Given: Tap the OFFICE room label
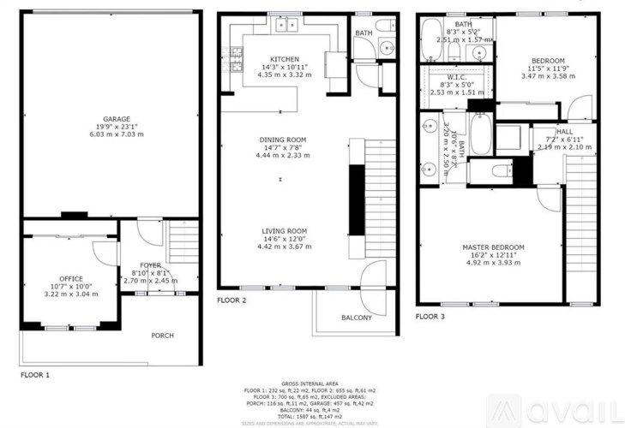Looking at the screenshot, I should coord(71,278).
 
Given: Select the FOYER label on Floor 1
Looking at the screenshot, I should coord(151,265).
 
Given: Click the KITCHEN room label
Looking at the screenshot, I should coord(284,59).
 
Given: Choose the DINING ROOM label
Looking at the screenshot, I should coord(283,140).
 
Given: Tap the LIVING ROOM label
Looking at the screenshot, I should coord(285,231).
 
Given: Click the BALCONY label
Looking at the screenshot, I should coord(357,318).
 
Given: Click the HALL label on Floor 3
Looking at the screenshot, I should coord(563,131).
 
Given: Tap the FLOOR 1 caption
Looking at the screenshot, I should coord(35,375).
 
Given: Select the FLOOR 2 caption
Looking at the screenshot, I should coord(231,300).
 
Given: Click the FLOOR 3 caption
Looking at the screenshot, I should coord(431,316).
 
